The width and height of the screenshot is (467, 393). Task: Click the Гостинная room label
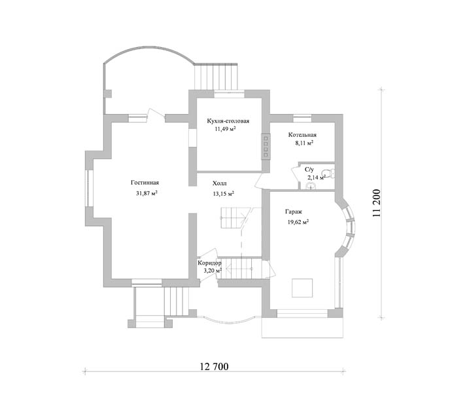(145, 183)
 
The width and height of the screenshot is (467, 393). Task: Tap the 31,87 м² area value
(147, 193)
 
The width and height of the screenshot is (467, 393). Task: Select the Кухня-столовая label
(228, 121)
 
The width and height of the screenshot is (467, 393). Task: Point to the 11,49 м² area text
(225, 129)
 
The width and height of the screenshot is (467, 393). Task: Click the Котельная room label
(302, 135)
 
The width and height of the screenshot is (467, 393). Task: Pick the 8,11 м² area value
(304, 143)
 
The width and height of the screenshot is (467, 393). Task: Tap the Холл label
(220, 183)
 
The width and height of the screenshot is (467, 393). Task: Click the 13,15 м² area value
(223, 194)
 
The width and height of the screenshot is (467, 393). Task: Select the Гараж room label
(294, 212)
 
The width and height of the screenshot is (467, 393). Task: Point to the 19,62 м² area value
(298, 222)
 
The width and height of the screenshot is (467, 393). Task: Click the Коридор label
(210, 263)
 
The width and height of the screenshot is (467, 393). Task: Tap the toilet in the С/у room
(328, 173)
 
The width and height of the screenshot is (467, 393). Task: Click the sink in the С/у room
(311, 186)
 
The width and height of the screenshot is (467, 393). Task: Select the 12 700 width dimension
(214, 366)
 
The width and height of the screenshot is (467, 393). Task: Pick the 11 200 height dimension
(376, 203)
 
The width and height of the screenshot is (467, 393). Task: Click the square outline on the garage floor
(302, 288)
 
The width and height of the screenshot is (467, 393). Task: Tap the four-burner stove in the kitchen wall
(266, 146)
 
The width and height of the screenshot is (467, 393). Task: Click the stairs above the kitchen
(216, 77)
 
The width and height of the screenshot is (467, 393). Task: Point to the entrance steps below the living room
(176, 301)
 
